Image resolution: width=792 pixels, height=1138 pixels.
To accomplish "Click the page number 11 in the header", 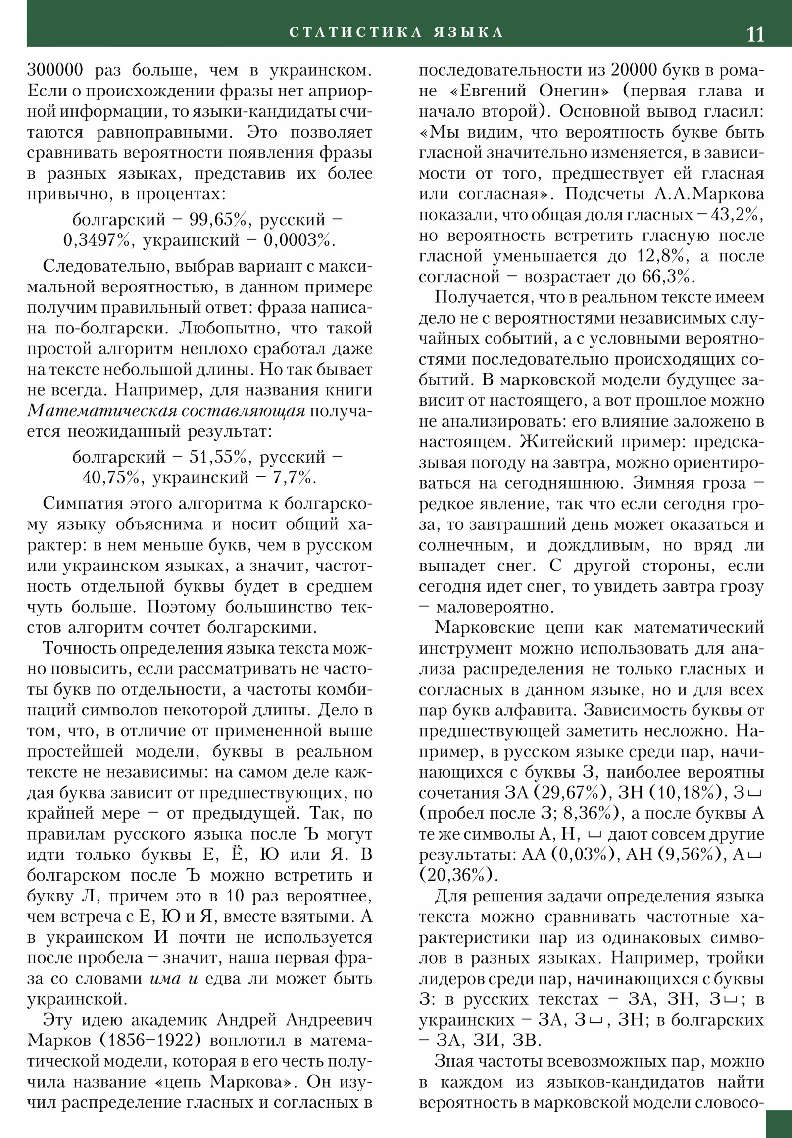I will click(755, 34).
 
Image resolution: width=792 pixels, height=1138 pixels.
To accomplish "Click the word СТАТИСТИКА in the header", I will click(355, 32).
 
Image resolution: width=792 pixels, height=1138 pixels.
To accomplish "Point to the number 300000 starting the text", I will click(55, 70).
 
